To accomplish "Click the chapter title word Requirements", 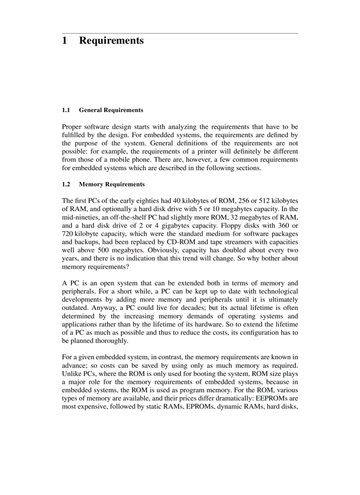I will coord(111,41).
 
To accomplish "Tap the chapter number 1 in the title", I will coord(64,41).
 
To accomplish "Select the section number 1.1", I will coord(66,110).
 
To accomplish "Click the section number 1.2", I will coord(66,184).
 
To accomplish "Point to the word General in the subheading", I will coord(90,110).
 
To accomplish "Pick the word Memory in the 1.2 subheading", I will coord(90,184).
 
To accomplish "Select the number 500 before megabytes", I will coord(97,250).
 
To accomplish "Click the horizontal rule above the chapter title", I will coord(180,33).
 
